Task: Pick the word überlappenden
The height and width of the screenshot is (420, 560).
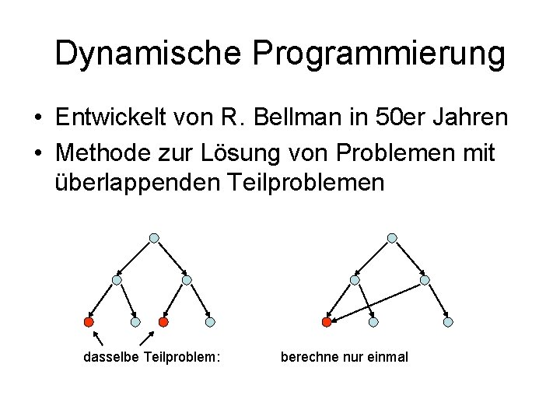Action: (x=139, y=183)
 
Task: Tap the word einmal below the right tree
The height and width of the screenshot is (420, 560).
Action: (x=387, y=357)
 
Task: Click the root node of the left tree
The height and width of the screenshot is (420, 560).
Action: (x=154, y=237)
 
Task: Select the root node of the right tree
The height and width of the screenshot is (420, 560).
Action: (x=392, y=237)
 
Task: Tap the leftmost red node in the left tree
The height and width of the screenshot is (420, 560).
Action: (x=89, y=321)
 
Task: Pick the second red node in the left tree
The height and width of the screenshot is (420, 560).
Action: (x=163, y=321)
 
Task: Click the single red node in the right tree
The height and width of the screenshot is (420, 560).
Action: (x=327, y=321)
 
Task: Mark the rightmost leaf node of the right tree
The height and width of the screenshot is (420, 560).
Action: (x=448, y=321)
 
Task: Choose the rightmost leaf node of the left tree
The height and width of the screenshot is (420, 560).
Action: (x=210, y=321)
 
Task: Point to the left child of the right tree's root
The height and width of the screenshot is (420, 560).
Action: (x=355, y=279)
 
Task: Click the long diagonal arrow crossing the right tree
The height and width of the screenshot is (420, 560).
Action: (x=377, y=301)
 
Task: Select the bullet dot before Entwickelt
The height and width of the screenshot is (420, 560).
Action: (x=37, y=119)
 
